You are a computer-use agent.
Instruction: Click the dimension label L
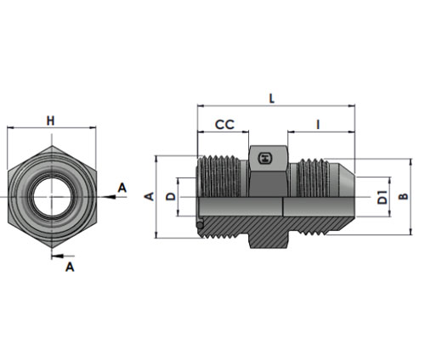[272, 98]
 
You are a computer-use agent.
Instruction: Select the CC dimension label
[224, 125]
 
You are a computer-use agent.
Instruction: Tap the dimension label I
[318, 125]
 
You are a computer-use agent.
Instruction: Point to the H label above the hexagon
[50, 121]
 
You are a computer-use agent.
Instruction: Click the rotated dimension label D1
[382, 197]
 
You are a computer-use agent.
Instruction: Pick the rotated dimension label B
[404, 196]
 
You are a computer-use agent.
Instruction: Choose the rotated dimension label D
[171, 196]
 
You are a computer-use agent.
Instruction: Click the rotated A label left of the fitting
[150, 196]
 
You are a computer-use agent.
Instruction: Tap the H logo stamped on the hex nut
[264, 158]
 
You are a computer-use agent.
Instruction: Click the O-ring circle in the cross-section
[200, 225]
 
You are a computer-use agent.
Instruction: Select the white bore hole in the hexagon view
[52, 197]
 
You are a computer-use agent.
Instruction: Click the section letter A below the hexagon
[70, 267]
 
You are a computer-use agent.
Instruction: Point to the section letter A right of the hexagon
[122, 188]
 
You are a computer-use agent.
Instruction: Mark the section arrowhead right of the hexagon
[109, 197]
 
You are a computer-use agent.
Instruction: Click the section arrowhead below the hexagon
[58, 256]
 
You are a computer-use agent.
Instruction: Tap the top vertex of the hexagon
[52, 146]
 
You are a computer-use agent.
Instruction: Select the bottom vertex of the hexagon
[52, 248]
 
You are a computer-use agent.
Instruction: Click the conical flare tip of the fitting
[347, 179]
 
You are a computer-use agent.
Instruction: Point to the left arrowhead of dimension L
[201, 106]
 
